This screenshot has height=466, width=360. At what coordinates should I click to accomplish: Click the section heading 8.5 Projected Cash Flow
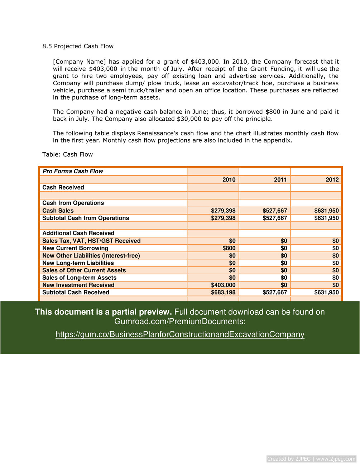click(78, 46)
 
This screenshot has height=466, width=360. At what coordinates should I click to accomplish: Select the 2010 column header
click(229, 179)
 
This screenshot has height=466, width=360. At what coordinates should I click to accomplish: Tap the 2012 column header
click(332, 179)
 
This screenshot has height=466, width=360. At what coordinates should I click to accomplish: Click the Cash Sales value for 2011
click(275, 211)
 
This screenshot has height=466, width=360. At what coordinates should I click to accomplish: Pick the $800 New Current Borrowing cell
click(229, 248)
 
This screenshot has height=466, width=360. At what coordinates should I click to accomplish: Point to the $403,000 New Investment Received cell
click(223, 285)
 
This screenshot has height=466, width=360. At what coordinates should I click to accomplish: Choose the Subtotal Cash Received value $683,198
click(223, 292)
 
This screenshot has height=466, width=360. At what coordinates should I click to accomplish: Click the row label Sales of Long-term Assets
click(79, 278)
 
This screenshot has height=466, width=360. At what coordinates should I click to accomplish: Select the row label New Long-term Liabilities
click(78, 263)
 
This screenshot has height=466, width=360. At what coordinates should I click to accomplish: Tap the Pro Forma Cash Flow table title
click(73, 171)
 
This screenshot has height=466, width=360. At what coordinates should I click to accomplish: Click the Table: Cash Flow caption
click(67, 154)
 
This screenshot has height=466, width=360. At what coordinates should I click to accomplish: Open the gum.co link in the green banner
click(180, 335)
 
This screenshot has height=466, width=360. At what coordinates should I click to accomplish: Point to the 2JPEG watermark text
click(311, 459)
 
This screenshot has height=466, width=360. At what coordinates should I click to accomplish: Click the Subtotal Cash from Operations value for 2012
click(326, 218)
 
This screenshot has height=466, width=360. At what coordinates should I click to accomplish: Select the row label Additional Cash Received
click(78, 233)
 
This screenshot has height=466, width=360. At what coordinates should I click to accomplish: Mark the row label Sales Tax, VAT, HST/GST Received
click(91, 241)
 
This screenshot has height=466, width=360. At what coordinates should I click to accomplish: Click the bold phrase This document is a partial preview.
click(103, 312)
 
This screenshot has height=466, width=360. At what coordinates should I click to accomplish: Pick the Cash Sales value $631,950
click(326, 211)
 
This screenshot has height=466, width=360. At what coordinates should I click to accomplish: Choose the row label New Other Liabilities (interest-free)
click(91, 256)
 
